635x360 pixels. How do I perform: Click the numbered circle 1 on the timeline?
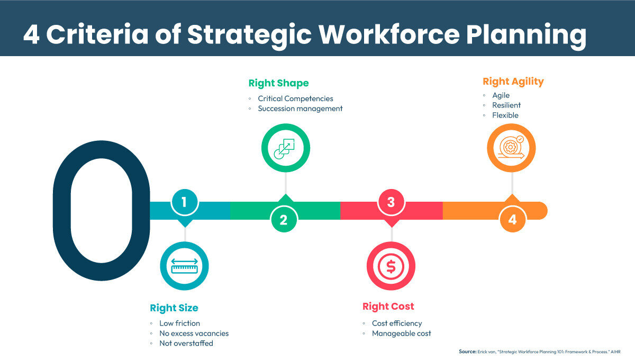(x=184, y=202)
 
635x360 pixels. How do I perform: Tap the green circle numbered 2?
(x=284, y=219)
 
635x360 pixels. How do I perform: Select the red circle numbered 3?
(x=391, y=202)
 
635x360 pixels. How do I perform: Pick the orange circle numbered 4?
(x=512, y=219)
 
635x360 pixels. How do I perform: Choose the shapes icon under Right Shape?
(x=286, y=148)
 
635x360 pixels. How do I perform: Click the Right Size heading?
(x=174, y=308)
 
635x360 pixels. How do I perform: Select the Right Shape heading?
(x=278, y=83)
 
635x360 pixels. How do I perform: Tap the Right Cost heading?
(x=388, y=307)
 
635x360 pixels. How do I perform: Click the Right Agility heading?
(x=513, y=82)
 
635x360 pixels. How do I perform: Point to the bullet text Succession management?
(x=300, y=109)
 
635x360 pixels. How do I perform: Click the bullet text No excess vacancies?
(x=194, y=334)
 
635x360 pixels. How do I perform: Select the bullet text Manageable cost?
(x=401, y=334)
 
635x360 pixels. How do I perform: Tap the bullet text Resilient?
(x=506, y=105)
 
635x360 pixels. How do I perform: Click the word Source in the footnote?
(x=468, y=352)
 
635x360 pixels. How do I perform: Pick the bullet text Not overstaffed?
(x=186, y=343)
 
